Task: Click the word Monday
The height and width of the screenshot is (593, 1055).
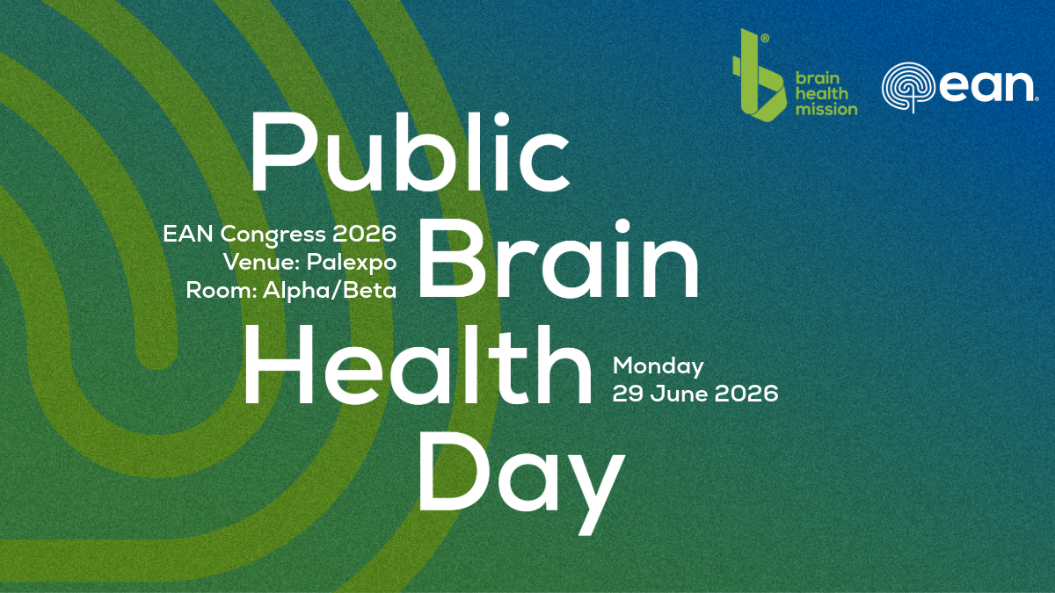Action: coord(658,366)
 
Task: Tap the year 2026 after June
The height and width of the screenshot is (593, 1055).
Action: coord(746,394)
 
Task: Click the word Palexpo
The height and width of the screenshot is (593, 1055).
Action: coord(352,262)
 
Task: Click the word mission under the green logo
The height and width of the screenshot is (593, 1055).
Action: coord(826,109)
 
